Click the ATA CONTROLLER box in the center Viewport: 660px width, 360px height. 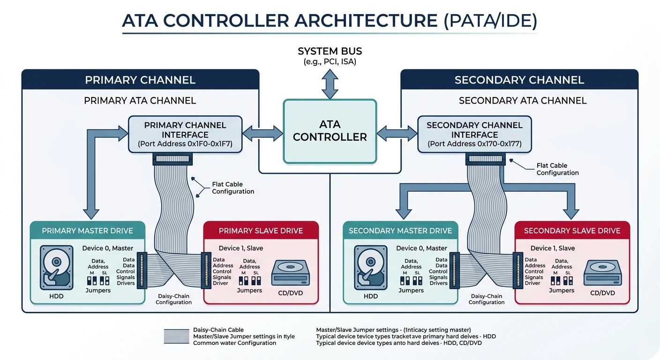point(330,131)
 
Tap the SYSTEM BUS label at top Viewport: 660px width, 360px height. point(330,51)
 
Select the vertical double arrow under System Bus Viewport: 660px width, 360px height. point(330,83)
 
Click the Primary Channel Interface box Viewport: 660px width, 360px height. point(186,134)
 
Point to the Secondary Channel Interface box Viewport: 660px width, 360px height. point(474,134)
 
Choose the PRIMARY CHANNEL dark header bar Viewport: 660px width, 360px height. point(140,80)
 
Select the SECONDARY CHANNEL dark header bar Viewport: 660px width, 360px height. point(519,80)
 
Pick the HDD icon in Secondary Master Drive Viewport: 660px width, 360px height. point(371,266)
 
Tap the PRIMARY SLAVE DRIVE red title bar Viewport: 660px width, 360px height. point(261,231)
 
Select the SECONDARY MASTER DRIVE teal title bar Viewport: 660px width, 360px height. point(400,231)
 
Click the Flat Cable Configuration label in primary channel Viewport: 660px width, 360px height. point(233,188)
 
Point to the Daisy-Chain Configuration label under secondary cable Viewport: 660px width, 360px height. point(487,299)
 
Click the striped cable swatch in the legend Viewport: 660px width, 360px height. point(176,336)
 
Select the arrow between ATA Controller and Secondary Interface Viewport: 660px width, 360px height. point(397,133)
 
